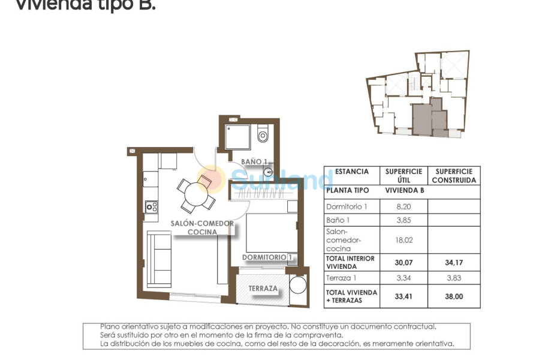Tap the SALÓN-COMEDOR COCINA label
pyautogui.click(x=202, y=227)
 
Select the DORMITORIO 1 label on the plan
pyautogui.click(x=267, y=257)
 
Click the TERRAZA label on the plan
pyautogui.click(x=264, y=289)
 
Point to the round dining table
pyautogui.click(x=196, y=194)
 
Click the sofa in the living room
pyautogui.click(x=159, y=259)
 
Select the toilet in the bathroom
pyautogui.click(x=263, y=135)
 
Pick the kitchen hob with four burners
pyautogui.click(x=152, y=207)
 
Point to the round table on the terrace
pyautogui.click(x=298, y=284)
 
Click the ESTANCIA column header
pyautogui.click(x=352, y=172)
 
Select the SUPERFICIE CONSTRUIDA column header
pyautogui.click(x=454, y=176)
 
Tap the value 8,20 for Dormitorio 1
pyautogui.click(x=404, y=207)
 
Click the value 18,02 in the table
pyautogui.click(x=404, y=240)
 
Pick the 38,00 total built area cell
pyautogui.click(x=454, y=296)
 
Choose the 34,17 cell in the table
pyautogui.click(x=454, y=262)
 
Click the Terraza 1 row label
pyautogui.click(x=342, y=278)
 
